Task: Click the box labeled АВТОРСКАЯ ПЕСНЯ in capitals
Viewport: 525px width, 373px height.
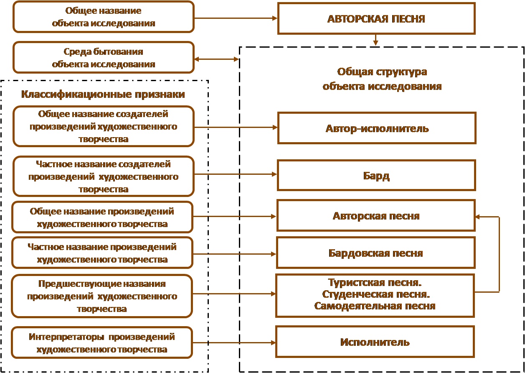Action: click(376, 18)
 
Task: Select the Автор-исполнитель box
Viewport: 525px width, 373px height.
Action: click(377, 128)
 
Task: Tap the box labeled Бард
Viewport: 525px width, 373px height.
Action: click(376, 175)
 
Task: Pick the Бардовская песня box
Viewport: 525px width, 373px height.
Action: click(376, 253)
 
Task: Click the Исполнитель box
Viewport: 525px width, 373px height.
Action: click(375, 342)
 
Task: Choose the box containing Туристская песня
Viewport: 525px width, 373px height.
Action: click(375, 296)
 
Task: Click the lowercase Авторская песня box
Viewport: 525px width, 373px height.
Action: click(376, 216)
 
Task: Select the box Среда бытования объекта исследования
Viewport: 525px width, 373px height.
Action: click(104, 57)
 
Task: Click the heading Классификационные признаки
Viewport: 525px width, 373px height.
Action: click(103, 94)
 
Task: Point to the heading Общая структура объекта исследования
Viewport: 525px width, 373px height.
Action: click(382, 79)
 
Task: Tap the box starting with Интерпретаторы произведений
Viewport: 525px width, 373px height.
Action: click(102, 343)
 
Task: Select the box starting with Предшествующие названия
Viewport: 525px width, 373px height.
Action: click(102, 296)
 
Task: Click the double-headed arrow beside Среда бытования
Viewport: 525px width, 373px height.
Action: click(217, 59)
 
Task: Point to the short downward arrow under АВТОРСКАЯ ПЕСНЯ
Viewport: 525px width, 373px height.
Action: click(376, 40)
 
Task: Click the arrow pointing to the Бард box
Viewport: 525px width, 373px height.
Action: click(236, 174)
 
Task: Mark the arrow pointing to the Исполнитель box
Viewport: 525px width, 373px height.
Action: click(234, 343)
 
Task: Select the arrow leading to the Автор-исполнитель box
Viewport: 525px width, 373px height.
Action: click(236, 128)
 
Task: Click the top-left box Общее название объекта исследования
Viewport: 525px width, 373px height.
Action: click(104, 17)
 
